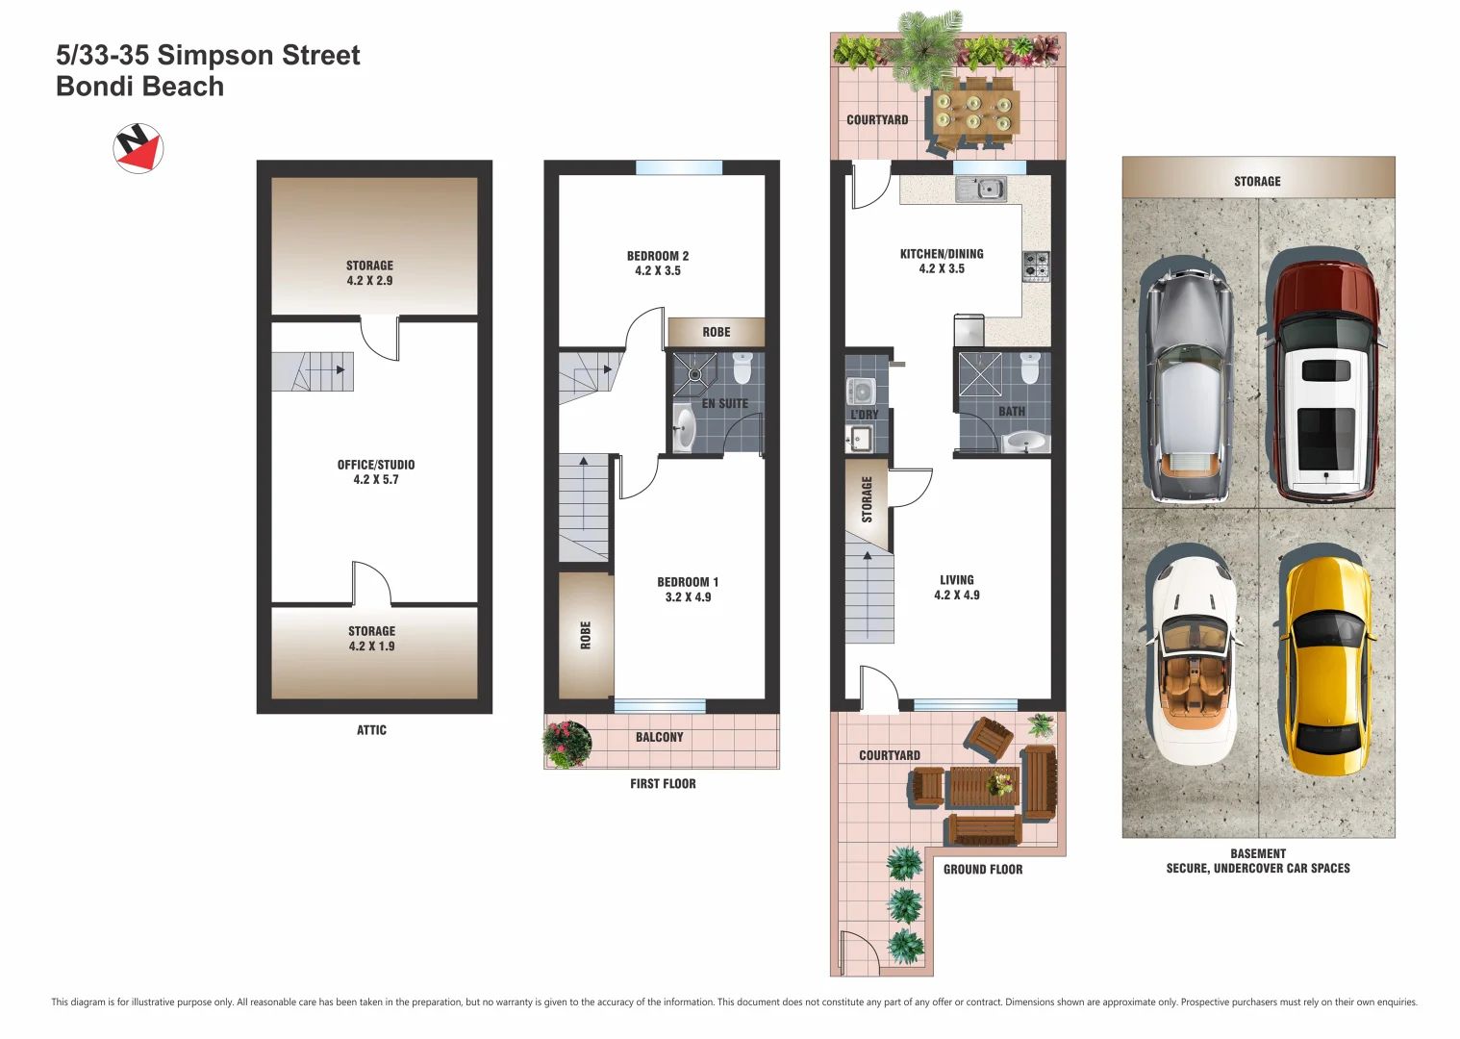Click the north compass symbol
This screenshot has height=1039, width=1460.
point(138,148)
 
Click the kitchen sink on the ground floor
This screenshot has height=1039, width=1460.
point(980,189)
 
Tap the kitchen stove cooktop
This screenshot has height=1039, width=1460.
point(1036,265)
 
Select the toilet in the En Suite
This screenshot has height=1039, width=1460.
point(742,367)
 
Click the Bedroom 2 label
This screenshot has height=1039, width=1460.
point(658,256)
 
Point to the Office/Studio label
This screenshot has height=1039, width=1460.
point(376,465)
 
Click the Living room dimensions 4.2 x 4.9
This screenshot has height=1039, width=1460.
point(957,596)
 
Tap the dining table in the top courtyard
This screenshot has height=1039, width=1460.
point(973,114)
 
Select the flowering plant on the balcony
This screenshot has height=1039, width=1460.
point(567,744)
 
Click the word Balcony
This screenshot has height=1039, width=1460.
point(660,737)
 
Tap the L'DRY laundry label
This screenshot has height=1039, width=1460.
point(864,415)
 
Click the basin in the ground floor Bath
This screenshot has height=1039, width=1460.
point(1026,443)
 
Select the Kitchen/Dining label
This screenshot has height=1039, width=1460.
point(942,254)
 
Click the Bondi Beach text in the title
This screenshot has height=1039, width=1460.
point(140,87)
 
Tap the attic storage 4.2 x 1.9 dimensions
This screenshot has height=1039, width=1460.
point(372,646)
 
